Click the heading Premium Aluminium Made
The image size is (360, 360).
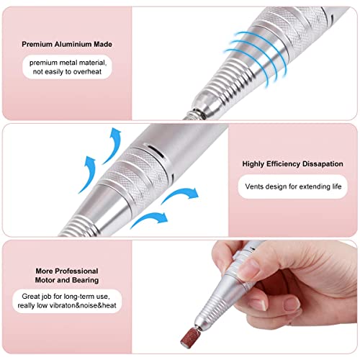click(x=67, y=44)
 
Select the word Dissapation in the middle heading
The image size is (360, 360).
click(x=323, y=164)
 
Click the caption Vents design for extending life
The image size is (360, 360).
click(x=293, y=186)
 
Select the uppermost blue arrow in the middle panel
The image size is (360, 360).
click(x=112, y=145)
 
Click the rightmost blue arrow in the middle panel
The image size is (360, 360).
click(x=181, y=194)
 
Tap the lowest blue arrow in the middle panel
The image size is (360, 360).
click(x=149, y=219)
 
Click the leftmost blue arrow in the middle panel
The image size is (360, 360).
click(x=89, y=174)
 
